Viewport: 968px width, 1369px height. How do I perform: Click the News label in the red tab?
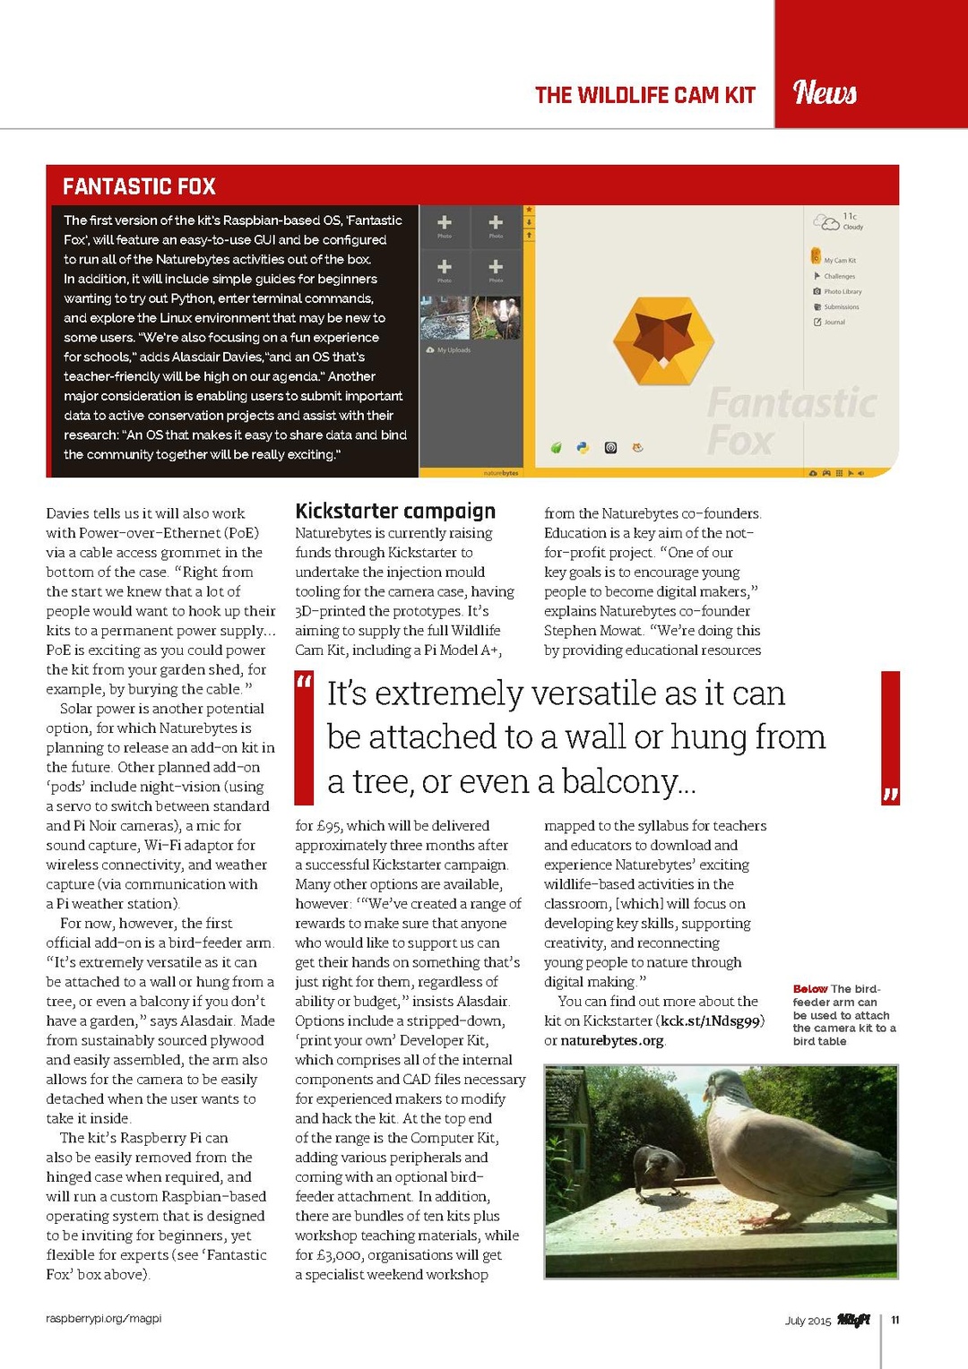coord(825,92)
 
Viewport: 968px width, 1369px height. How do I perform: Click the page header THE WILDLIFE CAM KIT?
coord(644,95)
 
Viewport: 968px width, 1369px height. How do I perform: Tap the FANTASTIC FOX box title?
coord(139,186)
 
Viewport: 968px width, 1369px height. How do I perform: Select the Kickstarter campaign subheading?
coord(395,511)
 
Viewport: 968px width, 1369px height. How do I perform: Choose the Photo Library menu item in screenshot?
coord(842,292)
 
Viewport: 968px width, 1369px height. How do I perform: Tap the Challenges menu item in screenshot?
coord(839,277)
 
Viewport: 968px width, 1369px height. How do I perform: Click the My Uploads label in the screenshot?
coord(454,350)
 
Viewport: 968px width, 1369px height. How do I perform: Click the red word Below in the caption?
coord(810,989)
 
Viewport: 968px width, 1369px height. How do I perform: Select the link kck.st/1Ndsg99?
coord(710,1021)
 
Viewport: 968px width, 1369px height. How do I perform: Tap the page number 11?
coord(895,1320)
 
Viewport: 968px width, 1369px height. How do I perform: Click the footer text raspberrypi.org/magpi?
coord(104,1319)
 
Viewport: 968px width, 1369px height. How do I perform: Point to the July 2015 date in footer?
coord(808,1321)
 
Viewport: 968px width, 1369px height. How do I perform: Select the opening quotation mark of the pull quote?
coord(303,684)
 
